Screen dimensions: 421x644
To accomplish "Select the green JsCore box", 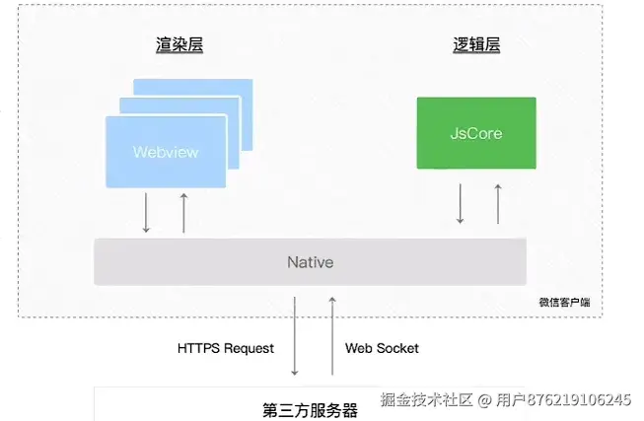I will click(x=476, y=132).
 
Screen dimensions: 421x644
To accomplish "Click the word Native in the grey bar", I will click(x=310, y=262).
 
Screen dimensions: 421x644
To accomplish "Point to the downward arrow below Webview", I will click(x=147, y=212).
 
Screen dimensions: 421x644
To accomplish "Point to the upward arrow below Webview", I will click(x=183, y=212).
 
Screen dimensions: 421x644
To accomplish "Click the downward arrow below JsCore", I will click(x=461, y=203).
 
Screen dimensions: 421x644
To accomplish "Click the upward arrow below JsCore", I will click(x=498, y=203).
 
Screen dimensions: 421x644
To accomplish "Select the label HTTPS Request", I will click(x=226, y=348).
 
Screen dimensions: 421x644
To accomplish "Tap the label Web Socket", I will click(x=382, y=348).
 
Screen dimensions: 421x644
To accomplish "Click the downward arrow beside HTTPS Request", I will click(x=295, y=335).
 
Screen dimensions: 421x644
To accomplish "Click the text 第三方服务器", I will click(x=311, y=409).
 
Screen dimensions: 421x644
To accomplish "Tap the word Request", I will click(x=249, y=348).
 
